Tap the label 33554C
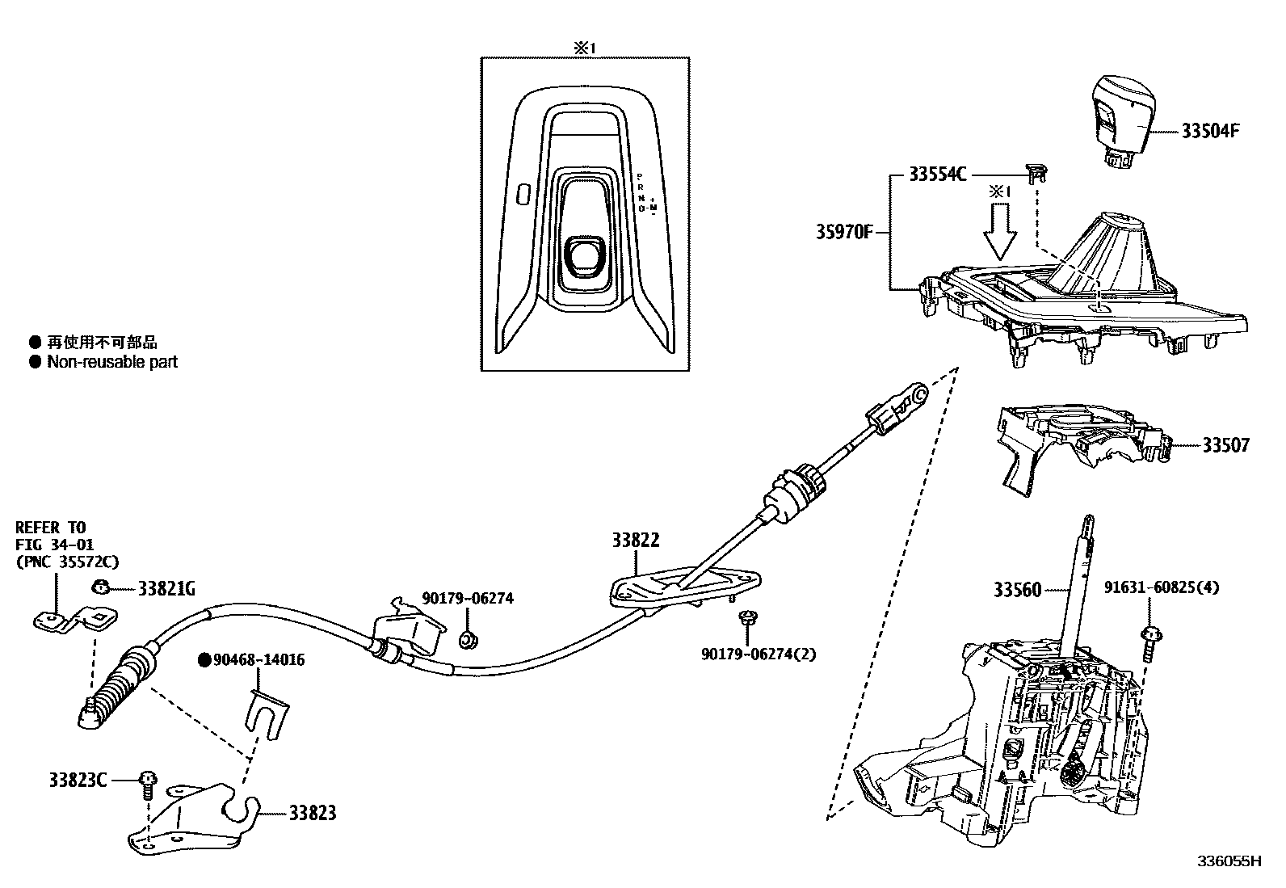coord(937,175)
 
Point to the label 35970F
coord(843,234)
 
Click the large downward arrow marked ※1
coord(1000,229)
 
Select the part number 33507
coord(1225,445)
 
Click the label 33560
coord(1019,590)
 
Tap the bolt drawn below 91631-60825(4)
coord(1149,644)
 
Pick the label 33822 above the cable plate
coord(636,541)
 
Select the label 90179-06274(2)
coord(759,654)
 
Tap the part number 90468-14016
coord(258,660)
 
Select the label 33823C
coord(78,781)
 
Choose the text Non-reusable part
coord(111,362)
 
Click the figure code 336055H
coord(1228,861)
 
